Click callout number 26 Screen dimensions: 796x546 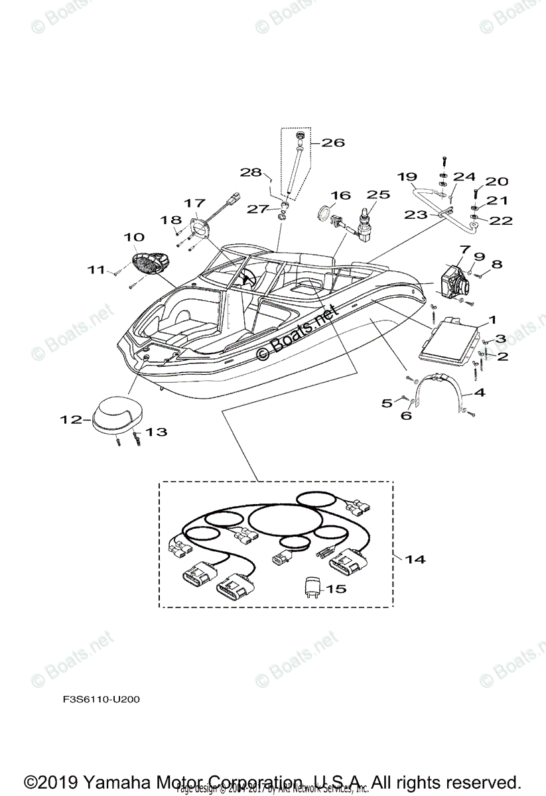pos(333,142)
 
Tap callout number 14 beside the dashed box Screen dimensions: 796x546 pos(415,559)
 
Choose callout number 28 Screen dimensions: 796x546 pos(251,172)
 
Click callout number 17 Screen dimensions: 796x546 pos(195,202)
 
